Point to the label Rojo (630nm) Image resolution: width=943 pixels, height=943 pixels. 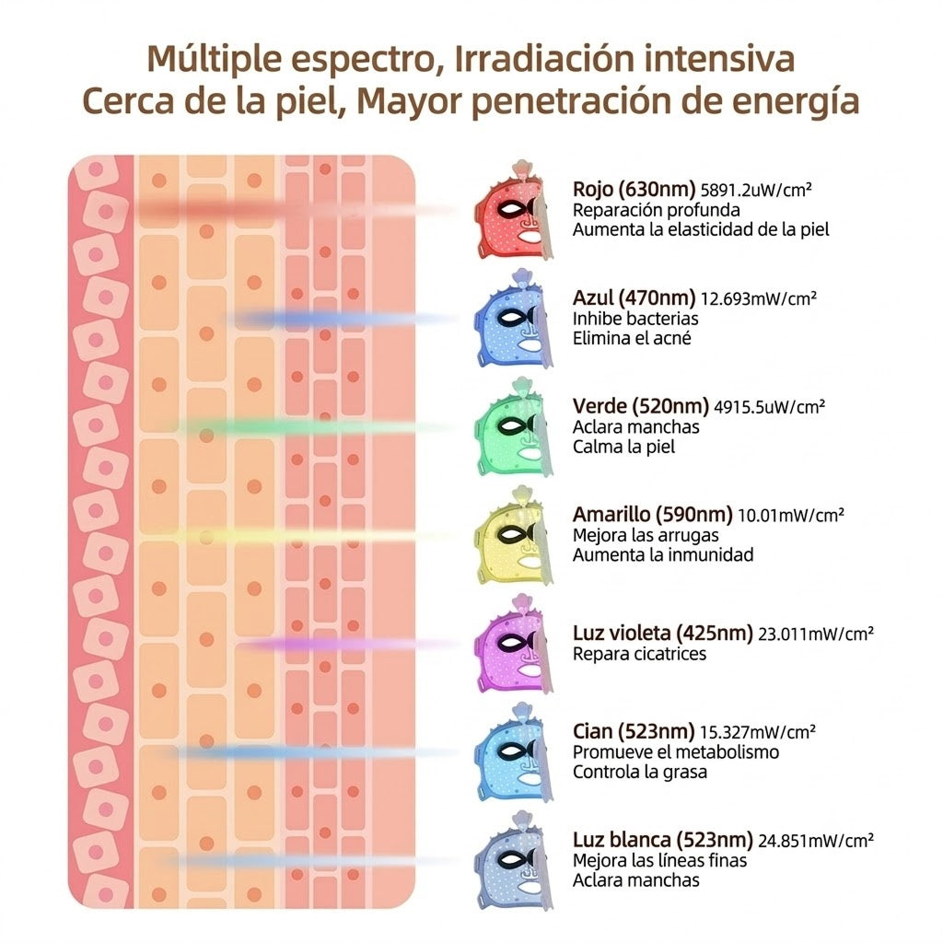point(634,190)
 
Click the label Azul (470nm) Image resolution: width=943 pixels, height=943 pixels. point(634,297)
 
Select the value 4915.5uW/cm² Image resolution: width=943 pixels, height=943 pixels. point(769,407)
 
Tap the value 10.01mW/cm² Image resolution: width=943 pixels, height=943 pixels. point(791,516)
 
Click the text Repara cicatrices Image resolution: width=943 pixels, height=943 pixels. point(639,654)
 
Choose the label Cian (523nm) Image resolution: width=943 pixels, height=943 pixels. point(634,731)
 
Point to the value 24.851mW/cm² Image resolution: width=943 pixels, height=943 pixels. point(816,840)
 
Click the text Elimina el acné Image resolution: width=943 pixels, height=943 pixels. point(632,338)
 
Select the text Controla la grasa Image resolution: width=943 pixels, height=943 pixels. point(639,772)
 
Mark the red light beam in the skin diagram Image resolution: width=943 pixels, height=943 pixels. point(295,211)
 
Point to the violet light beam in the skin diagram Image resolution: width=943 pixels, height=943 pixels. point(346,645)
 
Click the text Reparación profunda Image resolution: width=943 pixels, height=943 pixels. point(656,211)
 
